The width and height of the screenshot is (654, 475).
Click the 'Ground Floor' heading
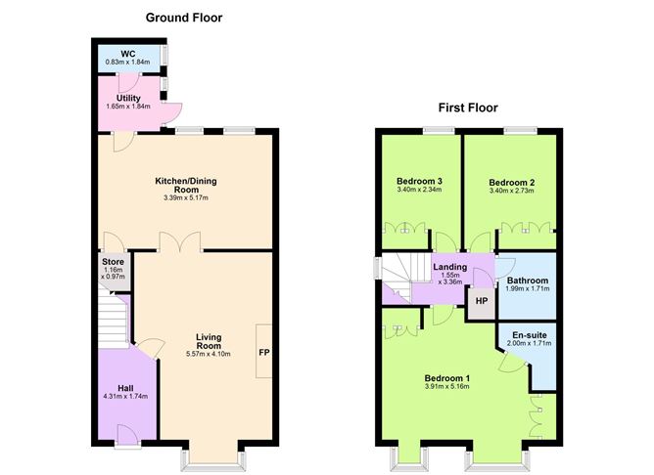(x=184, y=18)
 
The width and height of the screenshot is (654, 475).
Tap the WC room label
(x=127, y=53)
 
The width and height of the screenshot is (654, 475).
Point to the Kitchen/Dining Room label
(x=186, y=186)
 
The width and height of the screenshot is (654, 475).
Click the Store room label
(x=112, y=262)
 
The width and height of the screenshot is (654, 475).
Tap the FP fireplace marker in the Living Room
(x=263, y=352)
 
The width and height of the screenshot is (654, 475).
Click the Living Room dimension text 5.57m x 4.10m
(x=209, y=355)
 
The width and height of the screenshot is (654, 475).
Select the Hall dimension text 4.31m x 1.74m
(x=126, y=397)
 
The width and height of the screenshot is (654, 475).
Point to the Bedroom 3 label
(x=419, y=182)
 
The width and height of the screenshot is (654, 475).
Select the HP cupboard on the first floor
(x=481, y=301)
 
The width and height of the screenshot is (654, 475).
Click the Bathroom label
(x=528, y=281)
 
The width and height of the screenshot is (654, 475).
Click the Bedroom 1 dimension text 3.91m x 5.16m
(x=446, y=387)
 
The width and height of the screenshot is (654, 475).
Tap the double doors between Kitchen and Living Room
(x=180, y=242)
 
